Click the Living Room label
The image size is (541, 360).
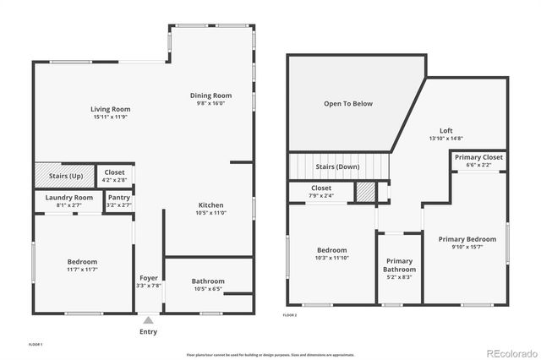[111, 109]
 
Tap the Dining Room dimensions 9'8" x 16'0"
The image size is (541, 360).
[210, 104]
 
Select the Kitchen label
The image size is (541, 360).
[210, 205]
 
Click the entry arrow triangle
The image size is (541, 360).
[148, 320]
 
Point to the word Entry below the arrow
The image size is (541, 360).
[148, 331]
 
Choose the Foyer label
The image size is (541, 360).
[148, 278]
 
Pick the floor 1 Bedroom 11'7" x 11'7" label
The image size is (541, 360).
[82, 262]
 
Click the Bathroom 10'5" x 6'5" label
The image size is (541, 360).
[208, 281]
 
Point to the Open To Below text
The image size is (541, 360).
[348, 104]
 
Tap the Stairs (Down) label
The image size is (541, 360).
[338, 166]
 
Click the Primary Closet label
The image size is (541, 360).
[479, 157]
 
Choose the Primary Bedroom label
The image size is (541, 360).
[467, 239]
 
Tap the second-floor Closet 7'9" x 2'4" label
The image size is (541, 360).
[321, 188]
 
